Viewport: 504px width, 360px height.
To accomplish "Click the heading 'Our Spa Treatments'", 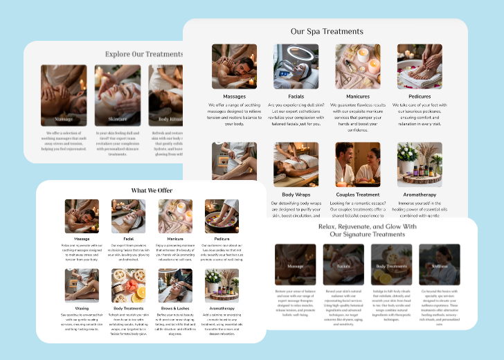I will pos(327,31).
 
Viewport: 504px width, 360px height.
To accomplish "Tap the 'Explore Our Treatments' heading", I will pos(144,53).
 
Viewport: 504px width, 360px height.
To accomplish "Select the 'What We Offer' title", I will pos(152,190).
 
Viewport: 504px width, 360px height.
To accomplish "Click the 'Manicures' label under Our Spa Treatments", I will pos(357,96).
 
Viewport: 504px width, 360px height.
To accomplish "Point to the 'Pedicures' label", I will pos(420,96).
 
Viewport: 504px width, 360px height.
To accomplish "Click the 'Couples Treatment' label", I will pos(357,195).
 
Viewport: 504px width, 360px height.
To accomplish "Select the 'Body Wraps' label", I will pos(296,195).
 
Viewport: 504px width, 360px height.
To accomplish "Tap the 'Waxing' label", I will pos(82,307).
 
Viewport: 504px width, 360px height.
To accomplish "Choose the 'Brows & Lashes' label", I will pos(174,307).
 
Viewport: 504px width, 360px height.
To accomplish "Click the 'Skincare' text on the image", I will pos(117,118).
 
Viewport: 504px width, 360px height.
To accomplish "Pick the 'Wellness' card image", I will pos(440,265).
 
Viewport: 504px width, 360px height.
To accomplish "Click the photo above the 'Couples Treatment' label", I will pos(358,165).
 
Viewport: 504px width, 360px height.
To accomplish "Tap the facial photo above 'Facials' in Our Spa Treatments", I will pos(296,66).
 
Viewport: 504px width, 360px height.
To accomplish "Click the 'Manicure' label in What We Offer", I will pos(174,239).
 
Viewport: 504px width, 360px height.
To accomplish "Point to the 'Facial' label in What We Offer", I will pos(128,239).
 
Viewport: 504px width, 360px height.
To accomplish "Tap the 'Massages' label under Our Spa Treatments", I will pos(234,96).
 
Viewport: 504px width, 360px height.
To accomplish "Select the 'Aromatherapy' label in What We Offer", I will pos(222,307).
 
